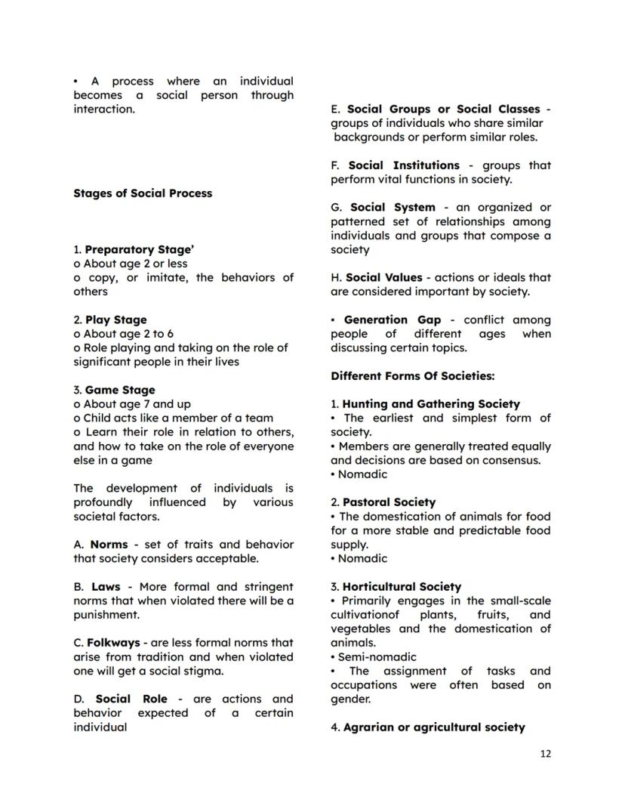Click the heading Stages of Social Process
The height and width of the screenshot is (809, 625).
coord(143,193)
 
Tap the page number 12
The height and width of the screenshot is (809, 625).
coord(545,754)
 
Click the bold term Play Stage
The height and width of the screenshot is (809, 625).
coord(115,320)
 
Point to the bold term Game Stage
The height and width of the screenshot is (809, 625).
coord(120,390)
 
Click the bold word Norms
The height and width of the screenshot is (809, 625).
coord(109,545)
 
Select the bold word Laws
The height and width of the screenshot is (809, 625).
coord(106,587)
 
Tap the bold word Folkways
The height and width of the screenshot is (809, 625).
coord(113,643)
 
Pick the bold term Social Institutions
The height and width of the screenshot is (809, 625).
coord(404,165)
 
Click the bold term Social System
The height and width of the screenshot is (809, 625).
coord(393,207)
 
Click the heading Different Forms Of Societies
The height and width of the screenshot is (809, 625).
coord(412,376)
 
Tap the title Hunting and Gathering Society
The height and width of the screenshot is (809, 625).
coord(431,404)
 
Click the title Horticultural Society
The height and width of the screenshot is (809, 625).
coord(402,587)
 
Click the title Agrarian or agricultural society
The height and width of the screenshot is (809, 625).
coord(434,727)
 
